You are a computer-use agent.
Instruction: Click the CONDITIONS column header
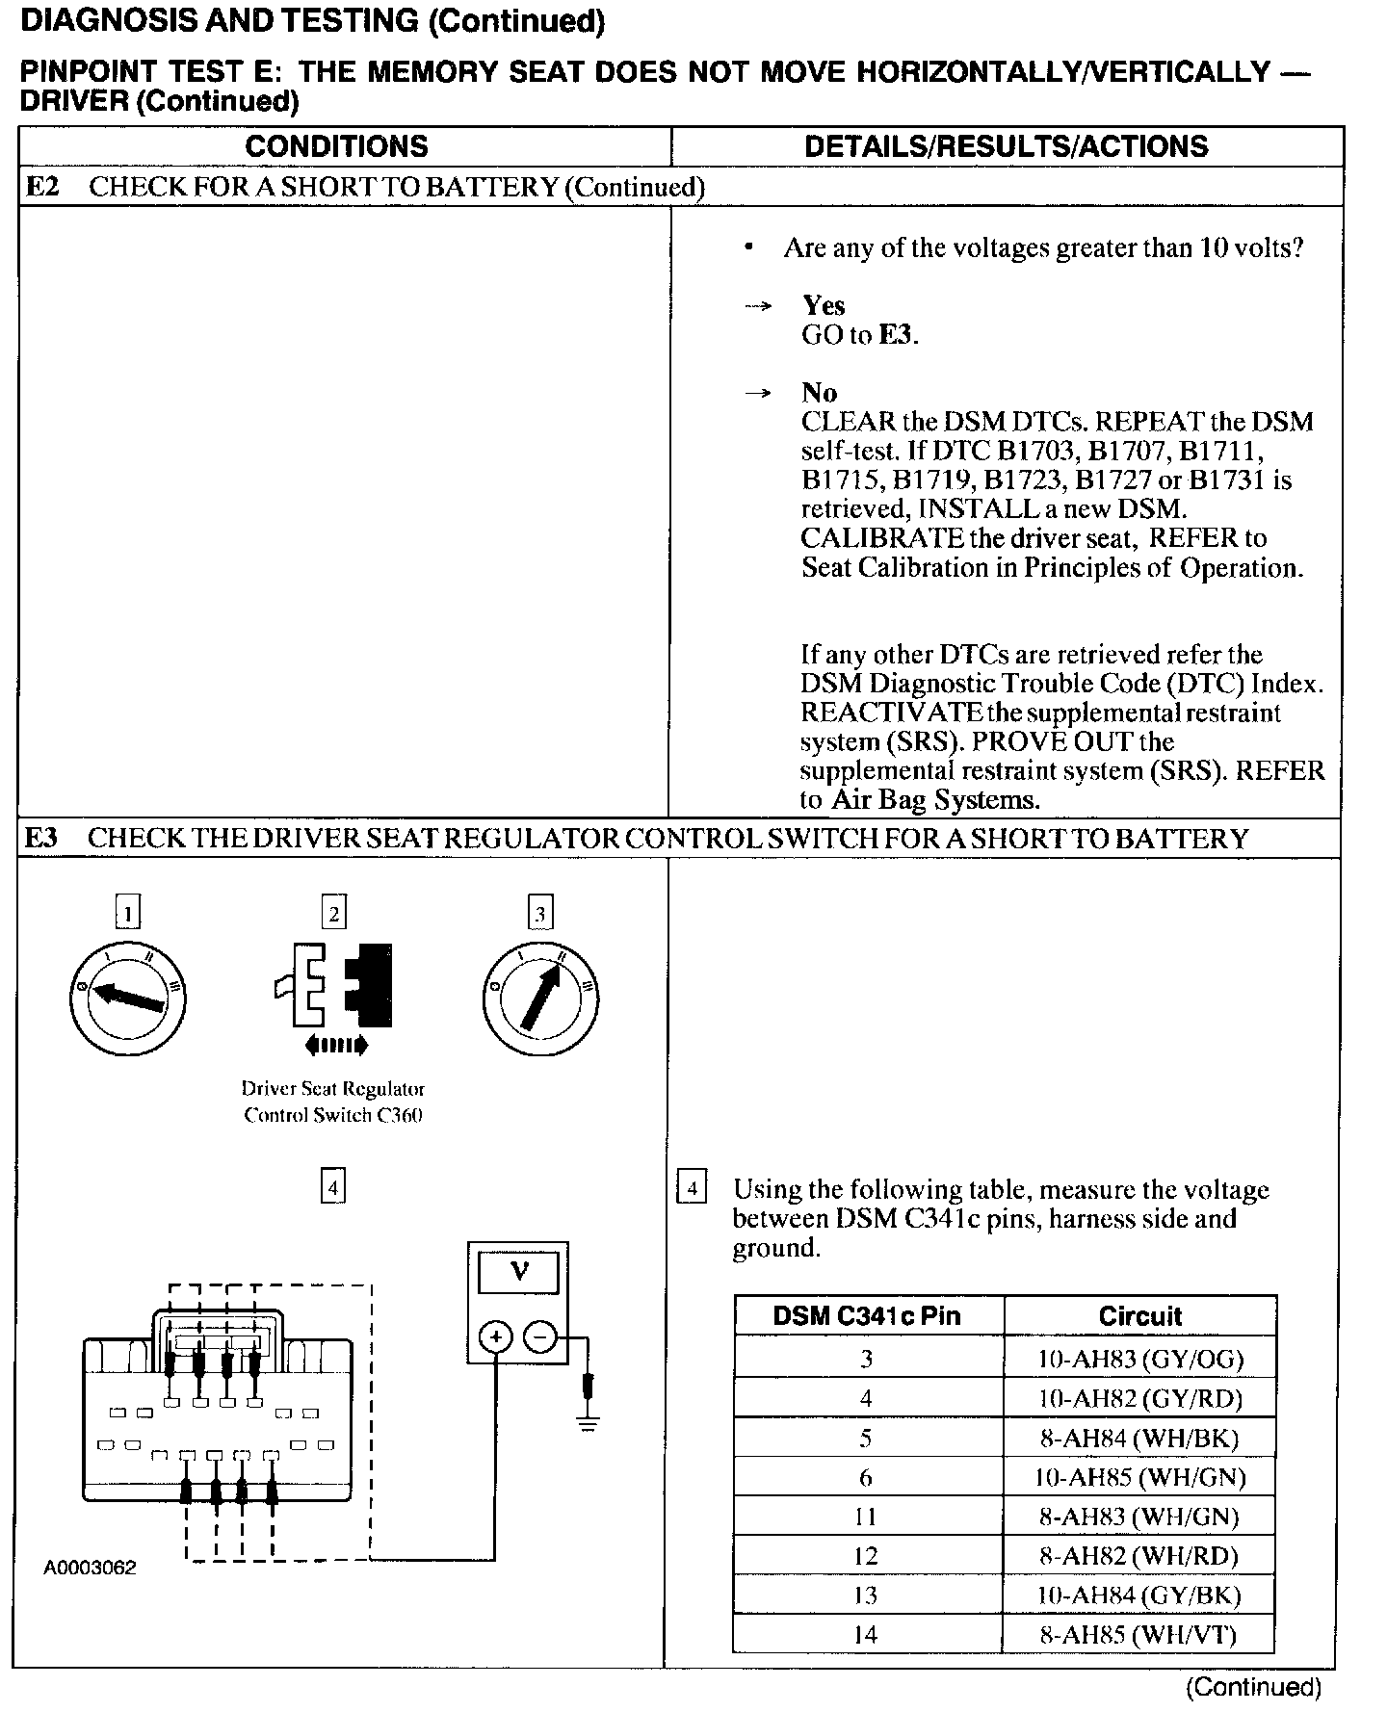[x=336, y=146]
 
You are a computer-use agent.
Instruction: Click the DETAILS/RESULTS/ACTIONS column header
[x=1006, y=146]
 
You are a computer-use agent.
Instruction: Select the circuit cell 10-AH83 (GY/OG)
[x=1139, y=1359]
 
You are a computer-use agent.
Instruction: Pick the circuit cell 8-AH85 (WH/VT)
[x=1139, y=1634]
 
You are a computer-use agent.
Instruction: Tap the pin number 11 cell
[x=867, y=1517]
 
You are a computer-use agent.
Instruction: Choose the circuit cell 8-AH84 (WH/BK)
[x=1139, y=1438]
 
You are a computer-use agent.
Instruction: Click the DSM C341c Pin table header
[x=867, y=1316]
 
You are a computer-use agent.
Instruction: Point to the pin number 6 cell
[x=867, y=1477]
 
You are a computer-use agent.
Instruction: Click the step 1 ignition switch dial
[x=128, y=999]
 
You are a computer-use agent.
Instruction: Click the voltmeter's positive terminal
[x=496, y=1336]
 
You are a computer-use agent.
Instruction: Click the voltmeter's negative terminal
[x=540, y=1336]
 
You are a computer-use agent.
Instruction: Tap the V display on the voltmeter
[x=518, y=1272]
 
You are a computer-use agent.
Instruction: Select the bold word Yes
[x=824, y=306]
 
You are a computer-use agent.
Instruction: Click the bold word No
[x=819, y=393]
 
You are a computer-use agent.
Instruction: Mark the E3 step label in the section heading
[x=41, y=838]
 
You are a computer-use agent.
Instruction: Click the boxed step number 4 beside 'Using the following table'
[x=692, y=1188]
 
